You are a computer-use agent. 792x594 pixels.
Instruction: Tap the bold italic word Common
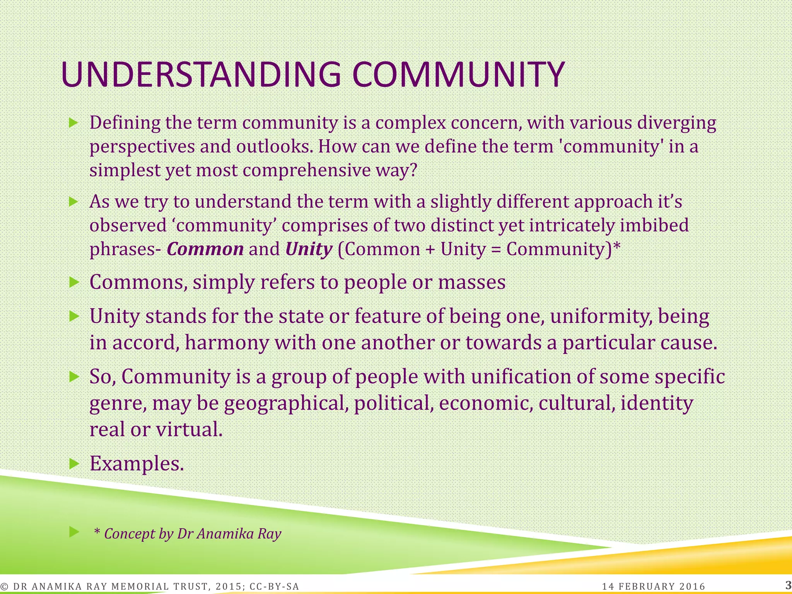tap(205, 249)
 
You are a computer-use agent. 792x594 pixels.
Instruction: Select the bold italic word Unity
tap(309, 249)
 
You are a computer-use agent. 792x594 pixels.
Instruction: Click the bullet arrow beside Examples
tap(73, 463)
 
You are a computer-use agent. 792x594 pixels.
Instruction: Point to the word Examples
tap(137, 463)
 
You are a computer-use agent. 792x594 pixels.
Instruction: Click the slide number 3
tap(788, 585)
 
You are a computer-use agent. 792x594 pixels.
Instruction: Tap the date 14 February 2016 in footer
tap(654, 587)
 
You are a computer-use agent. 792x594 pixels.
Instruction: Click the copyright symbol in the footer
tap(5, 587)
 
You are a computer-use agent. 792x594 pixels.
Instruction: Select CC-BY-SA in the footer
tap(274, 587)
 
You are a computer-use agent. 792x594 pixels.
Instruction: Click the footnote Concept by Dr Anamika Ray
tap(188, 534)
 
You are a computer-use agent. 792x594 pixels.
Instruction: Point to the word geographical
tap(284, 403)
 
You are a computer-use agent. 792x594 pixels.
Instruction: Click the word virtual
tap(188, 429)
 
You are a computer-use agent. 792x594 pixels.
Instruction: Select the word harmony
tap(226, 343)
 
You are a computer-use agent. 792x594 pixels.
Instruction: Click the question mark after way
tap(414, 170)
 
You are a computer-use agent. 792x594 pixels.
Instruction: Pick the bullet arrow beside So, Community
tap(73, 376)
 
